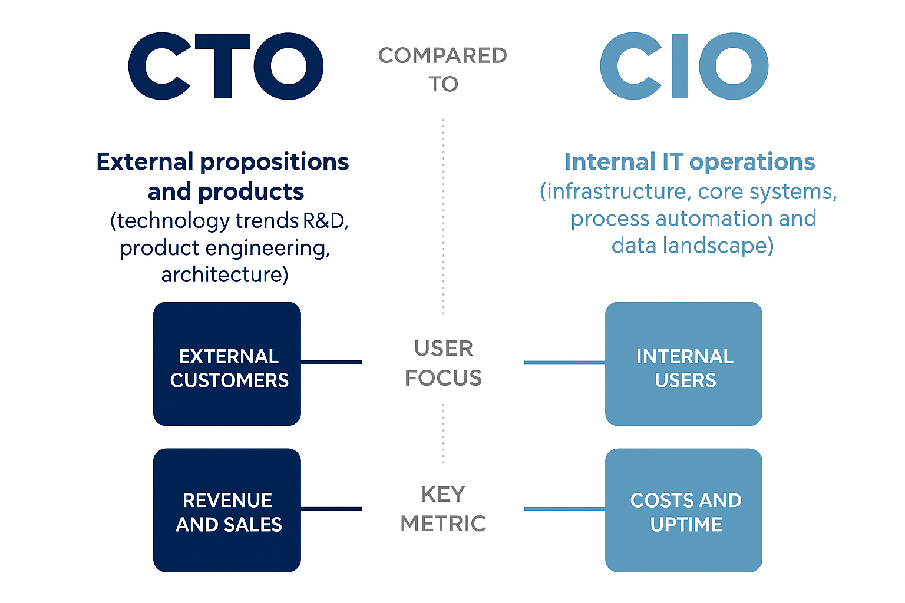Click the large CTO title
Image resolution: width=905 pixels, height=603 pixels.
226,66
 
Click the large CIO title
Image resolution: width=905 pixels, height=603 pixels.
684,66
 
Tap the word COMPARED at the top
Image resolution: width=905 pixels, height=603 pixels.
442,56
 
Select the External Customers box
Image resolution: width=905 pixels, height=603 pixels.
227,363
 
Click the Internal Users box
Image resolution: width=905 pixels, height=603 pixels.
683,363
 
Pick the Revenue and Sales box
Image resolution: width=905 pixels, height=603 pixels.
227,510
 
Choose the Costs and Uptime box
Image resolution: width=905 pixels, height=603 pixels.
683,510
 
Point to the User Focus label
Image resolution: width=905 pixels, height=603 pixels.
443,363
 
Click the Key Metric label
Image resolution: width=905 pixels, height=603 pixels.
443,509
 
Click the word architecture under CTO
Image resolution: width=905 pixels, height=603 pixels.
224,274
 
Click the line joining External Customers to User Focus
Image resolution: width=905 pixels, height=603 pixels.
332,362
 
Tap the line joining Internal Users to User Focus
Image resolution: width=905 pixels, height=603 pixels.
565,363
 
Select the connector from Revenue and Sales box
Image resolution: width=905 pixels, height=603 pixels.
332,509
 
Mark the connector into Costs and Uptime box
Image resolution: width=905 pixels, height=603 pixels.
565,509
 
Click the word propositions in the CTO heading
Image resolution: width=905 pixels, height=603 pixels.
275,163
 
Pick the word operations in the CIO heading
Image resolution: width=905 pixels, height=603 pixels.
752,163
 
